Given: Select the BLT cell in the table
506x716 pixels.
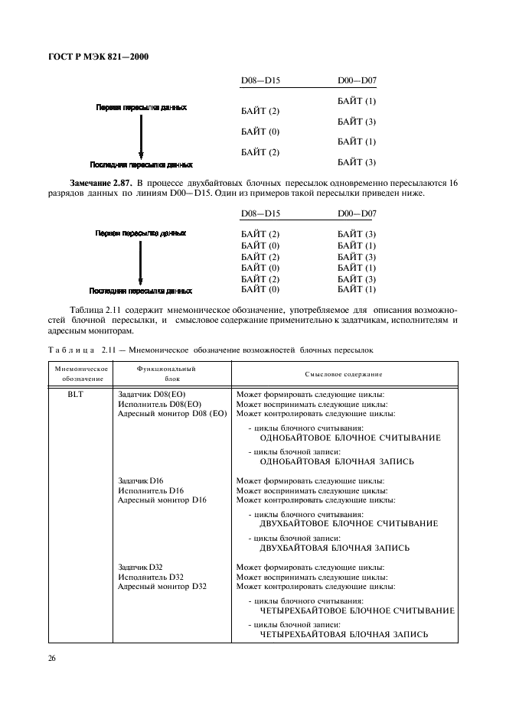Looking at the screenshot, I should pos(75,395).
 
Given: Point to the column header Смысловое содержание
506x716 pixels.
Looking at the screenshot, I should pos(344,373).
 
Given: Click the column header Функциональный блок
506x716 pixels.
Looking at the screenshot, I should pos(166,373).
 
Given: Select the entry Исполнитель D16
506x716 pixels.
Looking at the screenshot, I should pos(151,490).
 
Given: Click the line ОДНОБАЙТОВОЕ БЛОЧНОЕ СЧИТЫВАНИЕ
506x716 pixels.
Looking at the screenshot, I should pos(350,438).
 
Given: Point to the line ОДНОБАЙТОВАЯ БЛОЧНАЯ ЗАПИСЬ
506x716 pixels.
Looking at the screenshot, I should pos(337,462).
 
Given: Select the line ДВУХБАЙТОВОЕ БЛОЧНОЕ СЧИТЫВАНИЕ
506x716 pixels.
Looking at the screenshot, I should pos(348,524).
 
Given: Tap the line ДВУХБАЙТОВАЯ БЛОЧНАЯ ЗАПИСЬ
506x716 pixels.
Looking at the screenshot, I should pos(335,548).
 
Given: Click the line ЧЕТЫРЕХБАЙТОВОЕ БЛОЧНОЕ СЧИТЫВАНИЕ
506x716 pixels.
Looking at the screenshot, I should pos(357,610).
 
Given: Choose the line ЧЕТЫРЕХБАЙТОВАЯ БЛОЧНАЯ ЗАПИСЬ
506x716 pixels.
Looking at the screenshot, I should pos(344,634).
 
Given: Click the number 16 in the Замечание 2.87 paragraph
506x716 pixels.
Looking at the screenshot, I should pos(452,183).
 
